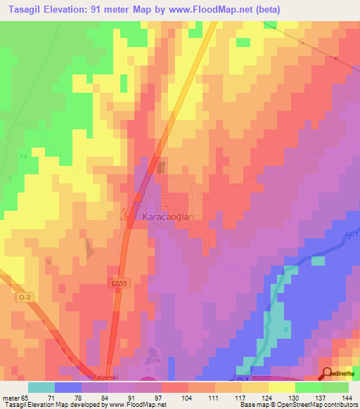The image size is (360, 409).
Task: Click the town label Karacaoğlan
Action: point(168,217)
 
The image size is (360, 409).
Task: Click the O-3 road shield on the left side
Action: point(25,298)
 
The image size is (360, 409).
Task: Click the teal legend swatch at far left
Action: point(41,387)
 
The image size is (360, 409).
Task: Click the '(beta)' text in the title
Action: point(265,11)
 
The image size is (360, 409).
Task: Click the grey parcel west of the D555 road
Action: point(89,248)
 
